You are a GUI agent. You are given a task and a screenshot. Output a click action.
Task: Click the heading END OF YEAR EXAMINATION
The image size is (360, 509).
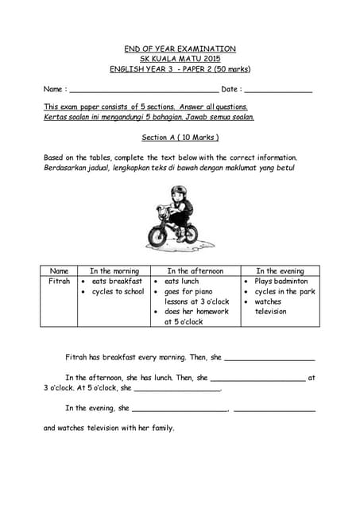coord(180,49)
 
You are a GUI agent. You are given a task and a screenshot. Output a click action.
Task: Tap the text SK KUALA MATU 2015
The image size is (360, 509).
coord(180,58)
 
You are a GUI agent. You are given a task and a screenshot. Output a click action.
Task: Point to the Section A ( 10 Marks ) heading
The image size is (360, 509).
coord(180,137)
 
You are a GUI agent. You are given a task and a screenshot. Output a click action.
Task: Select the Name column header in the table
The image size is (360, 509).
coord(59,271)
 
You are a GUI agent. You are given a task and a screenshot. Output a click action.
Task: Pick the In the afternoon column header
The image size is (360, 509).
coord(195,271)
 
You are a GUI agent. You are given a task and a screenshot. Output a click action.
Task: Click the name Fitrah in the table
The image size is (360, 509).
coord(59,282)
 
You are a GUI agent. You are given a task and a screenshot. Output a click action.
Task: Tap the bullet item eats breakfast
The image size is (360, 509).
coord(117,282)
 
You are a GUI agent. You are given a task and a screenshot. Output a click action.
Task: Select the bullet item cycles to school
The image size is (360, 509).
coord(118,292)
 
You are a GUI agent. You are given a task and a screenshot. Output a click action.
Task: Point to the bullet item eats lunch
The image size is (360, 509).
coord(181,282)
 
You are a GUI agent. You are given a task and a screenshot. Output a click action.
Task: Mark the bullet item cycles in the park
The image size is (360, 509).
coord(285,292)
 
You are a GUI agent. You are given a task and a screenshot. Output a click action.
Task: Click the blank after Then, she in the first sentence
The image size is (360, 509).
coord(270,359)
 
